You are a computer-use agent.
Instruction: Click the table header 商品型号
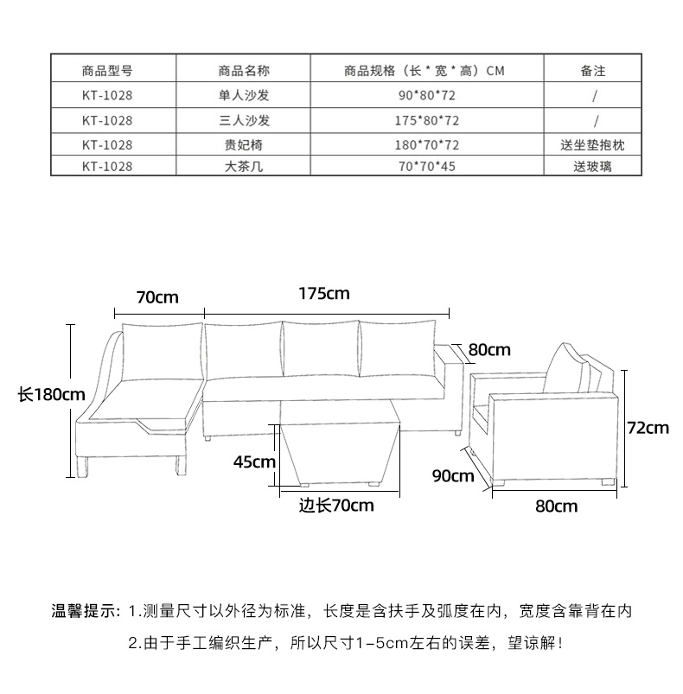(x=107, y=71)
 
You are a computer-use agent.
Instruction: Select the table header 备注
(x=592, y=71)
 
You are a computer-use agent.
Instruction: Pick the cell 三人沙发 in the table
(x=245, y=120)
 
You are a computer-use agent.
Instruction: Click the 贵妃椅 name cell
(x=245, y=145)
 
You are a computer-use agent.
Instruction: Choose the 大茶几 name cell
(x=245, y=166)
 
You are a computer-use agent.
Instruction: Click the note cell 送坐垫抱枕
(x=592, y=145)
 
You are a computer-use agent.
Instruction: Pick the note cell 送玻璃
(x=592, y=166)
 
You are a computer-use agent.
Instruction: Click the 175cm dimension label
(x=324, y=294)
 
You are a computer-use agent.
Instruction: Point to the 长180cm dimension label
(x=52, y=395)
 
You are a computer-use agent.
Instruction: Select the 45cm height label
(x=254, y=462)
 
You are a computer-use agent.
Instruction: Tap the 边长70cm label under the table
(x=336, y=506)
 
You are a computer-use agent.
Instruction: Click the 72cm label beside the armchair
(x=648, y=427)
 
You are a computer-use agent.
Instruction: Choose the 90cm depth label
(x=452, y=475)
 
